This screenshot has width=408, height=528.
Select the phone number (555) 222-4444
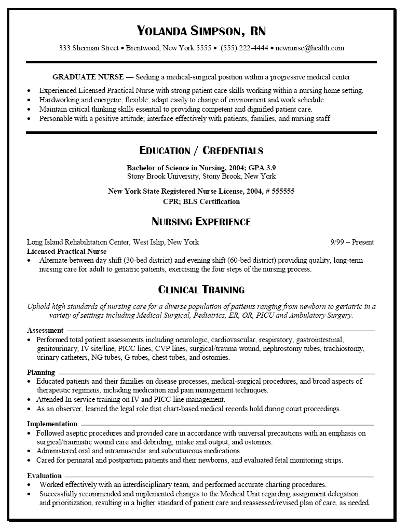(244, 48)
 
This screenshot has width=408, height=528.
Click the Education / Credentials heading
(201, 151)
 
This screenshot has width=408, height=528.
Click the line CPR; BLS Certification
(201, 201)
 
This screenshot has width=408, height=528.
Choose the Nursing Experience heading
(201, 222)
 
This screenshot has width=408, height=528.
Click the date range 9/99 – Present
(352, 242)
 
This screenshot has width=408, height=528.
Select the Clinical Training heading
(201, 290)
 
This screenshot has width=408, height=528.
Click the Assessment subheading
(45, 330)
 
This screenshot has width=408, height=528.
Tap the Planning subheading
(41, 372)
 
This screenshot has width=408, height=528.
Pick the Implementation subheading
(52, 424)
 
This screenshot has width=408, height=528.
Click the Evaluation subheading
(45, 476)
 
